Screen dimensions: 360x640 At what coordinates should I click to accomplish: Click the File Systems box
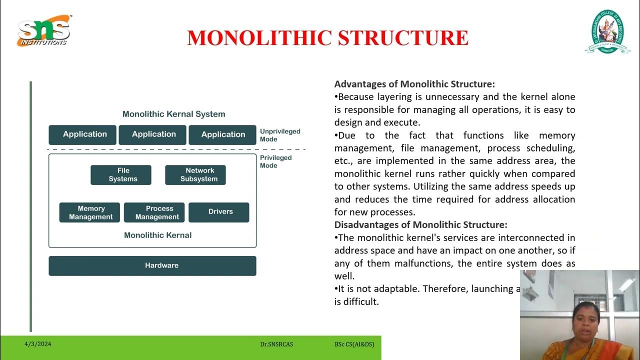pyautogui.click(x=121, y=175)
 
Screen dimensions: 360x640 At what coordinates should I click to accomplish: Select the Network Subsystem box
pyautogui.click(x=195, y=175)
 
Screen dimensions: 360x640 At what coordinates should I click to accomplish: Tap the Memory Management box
pyautogui.click(x=89, y=212)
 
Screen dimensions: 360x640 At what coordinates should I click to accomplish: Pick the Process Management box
pyautogui.click(x=154, y=212)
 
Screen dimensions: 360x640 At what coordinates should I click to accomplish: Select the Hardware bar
pyautogui.click(x=152, y=266)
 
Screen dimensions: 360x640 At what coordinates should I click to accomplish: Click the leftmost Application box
pyautogui.click(x=82, y=135)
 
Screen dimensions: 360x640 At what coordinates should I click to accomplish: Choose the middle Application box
pyautogui.click(x=152, y=135)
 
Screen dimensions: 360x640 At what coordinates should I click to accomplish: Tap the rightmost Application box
pyautogui.click(x=222, y=135)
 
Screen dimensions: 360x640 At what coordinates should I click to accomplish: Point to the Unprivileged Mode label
pyautogui.click(x=279, y=135)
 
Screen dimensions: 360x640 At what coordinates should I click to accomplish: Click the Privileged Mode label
pyautogui.click(x=275, y=161)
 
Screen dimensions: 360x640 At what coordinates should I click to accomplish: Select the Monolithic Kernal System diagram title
pyautogui.click(x=174, y=114)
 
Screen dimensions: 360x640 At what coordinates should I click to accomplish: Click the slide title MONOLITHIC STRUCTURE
pyautogui.click(x=327, y=38)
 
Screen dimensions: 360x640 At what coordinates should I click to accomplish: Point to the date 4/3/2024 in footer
pyautogui.click(x=38, y=344)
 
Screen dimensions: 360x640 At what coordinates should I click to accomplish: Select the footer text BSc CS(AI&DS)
pyautogui.click(x=354, y=344)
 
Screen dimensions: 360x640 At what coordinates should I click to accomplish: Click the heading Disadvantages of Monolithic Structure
pyautogui.click(x=420, y=225)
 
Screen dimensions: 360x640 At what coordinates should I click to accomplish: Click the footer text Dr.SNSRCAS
pyautogui.click(x=276, y=344)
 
